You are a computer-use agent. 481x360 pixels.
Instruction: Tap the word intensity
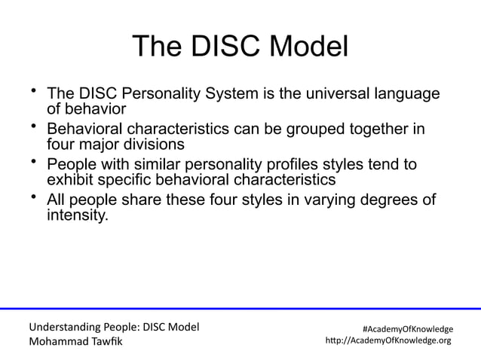tap(78, 216)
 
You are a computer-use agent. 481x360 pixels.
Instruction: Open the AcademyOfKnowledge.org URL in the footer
tap(388, 340)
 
